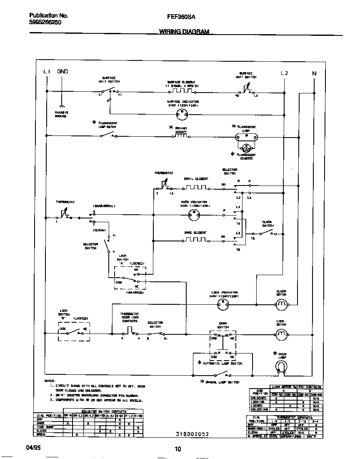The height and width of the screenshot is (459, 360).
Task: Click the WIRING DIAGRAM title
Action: tap(184, 32)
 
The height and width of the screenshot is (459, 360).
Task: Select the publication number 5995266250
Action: tap(45, 23)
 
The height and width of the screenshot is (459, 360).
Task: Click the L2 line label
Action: tap(284, 73)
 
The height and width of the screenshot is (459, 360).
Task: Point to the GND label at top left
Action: tap(62, 72)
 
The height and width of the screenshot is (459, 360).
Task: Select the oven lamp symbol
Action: tap(282, 366)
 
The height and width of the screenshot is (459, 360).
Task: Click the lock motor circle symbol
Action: tap(281, 334)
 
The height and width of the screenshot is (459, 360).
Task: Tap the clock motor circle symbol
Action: tap(282, 305)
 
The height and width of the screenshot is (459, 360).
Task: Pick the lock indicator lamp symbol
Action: tap(224, 305)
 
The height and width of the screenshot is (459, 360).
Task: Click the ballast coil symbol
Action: tap(181, 135)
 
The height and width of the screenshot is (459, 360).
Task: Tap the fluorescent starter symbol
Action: tap(246, 148)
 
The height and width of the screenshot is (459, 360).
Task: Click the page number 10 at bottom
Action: tap(178, 449)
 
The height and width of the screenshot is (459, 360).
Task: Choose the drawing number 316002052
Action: tap(192, 434)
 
